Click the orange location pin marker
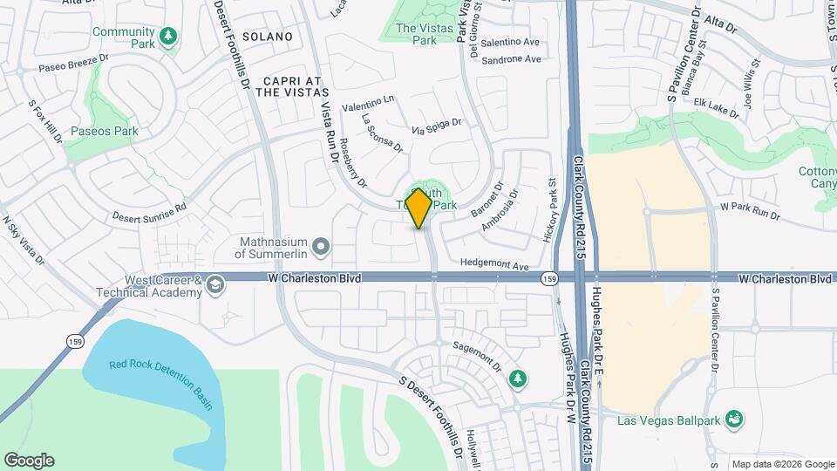419,208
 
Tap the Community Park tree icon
168,35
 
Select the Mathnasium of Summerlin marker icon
321,247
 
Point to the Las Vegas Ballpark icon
735,420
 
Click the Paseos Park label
105,132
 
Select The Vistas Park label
416,34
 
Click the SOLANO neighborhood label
266,37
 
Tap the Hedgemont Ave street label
495,264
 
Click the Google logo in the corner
29,461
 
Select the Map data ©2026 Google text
781,464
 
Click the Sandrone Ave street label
512,59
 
